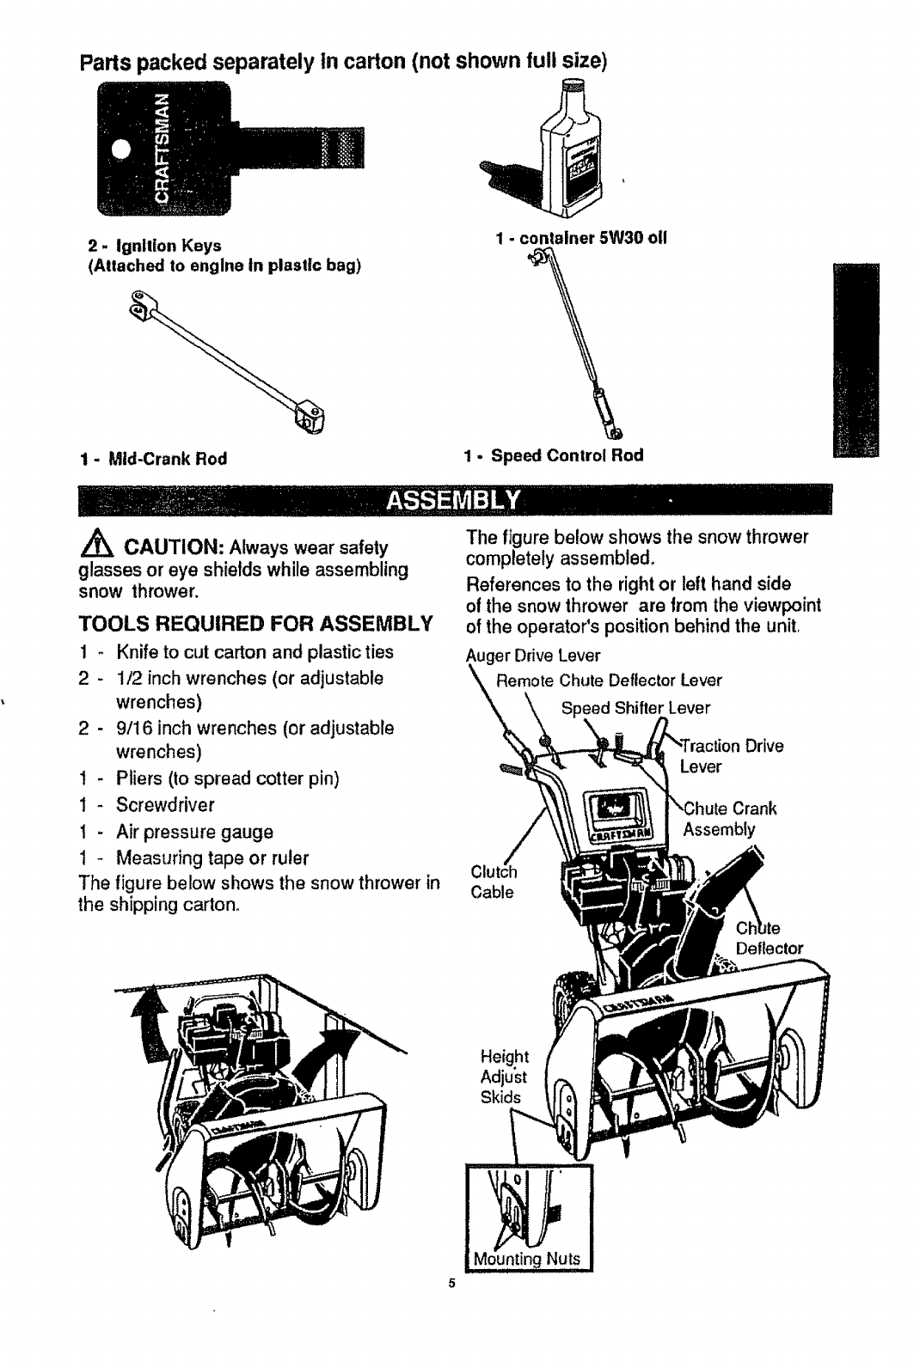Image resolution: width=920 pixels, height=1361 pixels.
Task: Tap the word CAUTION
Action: tap(172, 547)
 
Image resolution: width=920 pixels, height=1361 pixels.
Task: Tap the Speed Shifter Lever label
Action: tap(636, 708)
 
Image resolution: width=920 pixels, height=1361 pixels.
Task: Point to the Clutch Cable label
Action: tap(493, 881)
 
